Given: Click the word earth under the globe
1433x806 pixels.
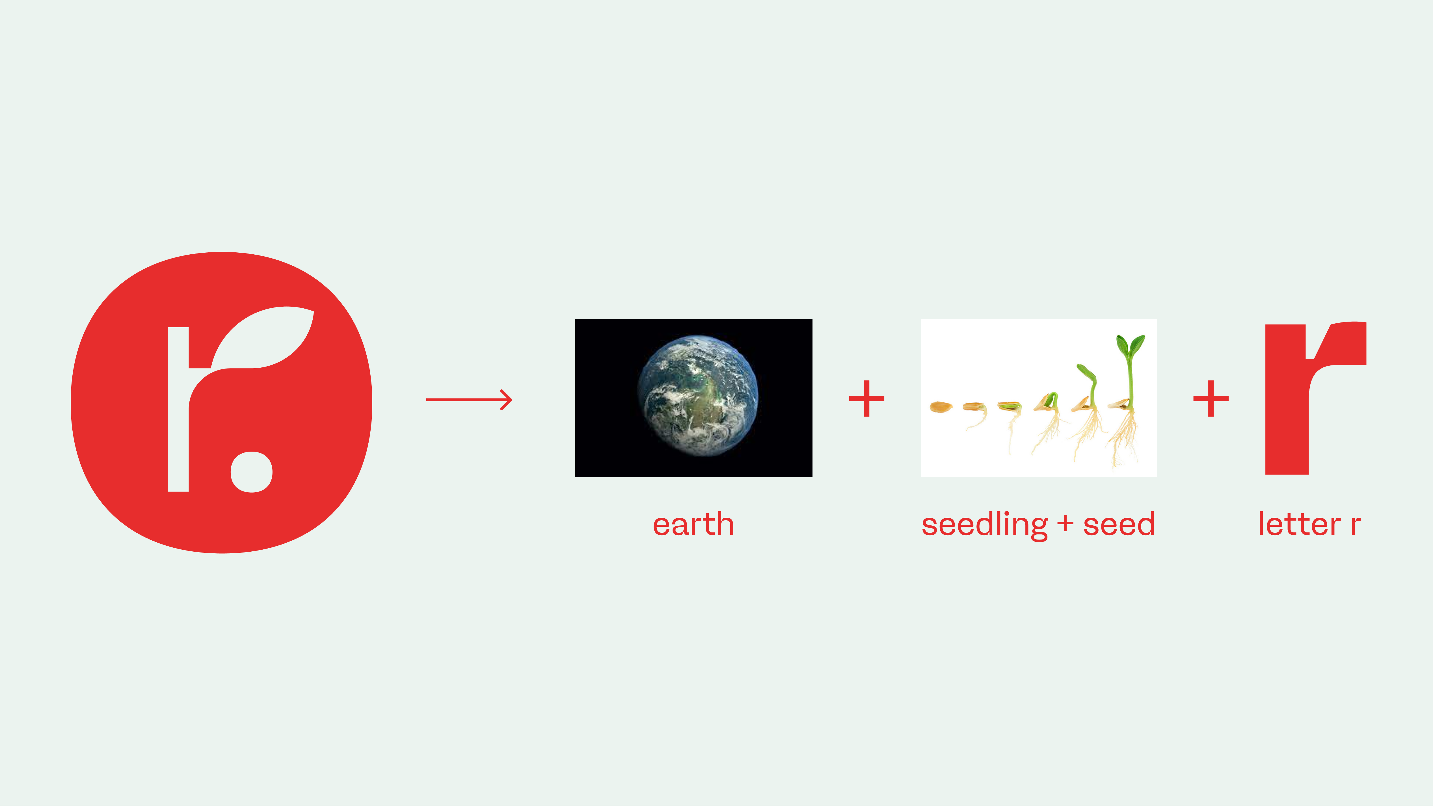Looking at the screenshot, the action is (x=693, y=525).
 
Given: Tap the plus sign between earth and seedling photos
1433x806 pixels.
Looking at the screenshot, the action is (x=866, y=398).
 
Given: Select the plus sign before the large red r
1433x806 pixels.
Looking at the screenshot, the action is (x=1211, y=398).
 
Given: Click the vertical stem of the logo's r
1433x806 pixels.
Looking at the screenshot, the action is (x=178, y=409).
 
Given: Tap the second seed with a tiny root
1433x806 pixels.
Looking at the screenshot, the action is (x=976, y=412).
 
